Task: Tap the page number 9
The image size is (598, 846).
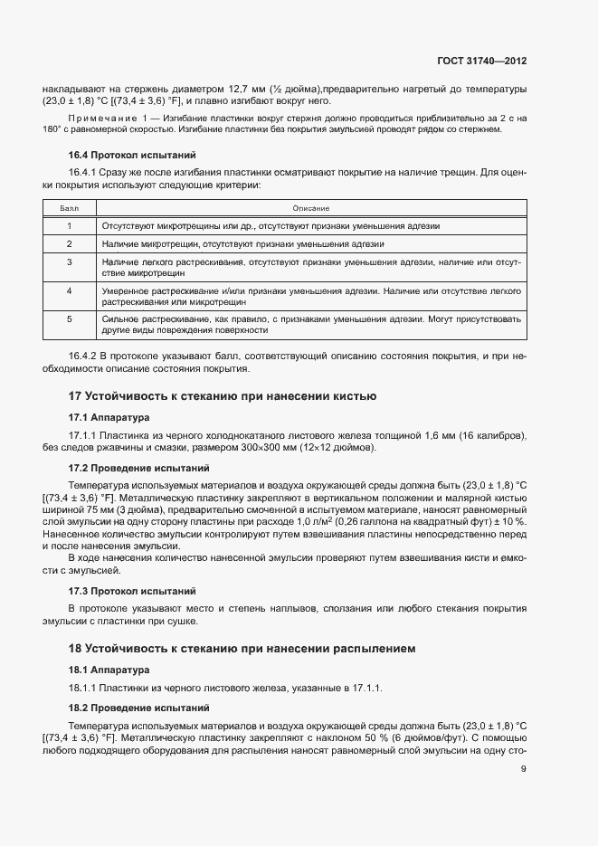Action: click(x=524, y=769)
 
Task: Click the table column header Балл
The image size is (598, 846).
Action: click(x=70, y=208)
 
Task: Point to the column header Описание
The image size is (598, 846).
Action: click(x=310, y=208)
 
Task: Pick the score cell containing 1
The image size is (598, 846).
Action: click(x=70, y=225)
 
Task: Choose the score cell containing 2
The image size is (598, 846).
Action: click(x=70, y=244)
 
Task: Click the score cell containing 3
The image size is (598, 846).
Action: click(x=70, y=261)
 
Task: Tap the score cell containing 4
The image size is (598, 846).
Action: click(x=70, y=291)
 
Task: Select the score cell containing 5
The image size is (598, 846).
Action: click(x=70, y=319)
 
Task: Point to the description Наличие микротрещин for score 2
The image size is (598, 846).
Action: click(x=243, y=244)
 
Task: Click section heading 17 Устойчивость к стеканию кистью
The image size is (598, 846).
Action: click(x=223, y=396)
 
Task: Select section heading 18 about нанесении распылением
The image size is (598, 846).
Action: click(x=242, y=649)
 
